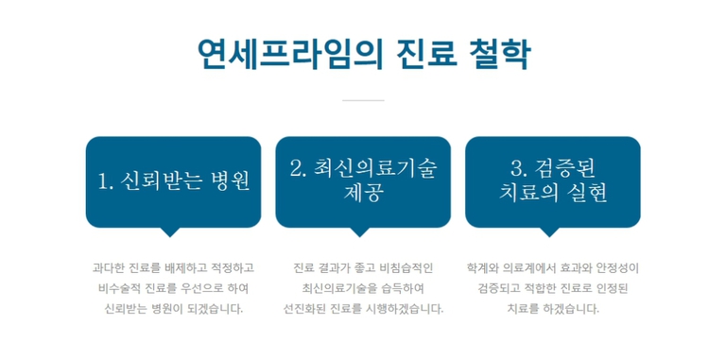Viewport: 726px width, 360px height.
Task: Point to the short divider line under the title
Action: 363,100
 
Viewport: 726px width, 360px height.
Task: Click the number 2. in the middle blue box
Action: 299,169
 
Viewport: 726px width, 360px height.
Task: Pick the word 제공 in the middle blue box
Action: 363,194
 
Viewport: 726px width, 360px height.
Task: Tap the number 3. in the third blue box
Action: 519,169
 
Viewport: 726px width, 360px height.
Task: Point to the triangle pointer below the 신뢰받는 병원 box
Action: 170,231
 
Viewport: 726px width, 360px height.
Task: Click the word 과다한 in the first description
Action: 109,267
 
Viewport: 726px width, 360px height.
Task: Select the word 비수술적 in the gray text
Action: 118,288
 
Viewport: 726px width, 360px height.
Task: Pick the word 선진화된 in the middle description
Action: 304,309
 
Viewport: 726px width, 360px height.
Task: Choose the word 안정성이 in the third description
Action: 618,267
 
